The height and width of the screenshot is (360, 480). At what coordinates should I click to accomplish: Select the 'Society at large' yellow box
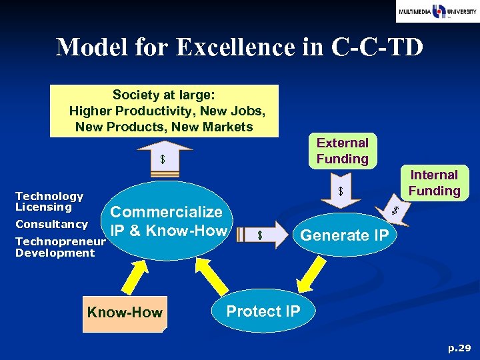point(165,111)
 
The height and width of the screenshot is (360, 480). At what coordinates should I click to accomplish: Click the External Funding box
point(342,151)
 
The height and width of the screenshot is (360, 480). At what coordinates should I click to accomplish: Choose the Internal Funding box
point(434,183)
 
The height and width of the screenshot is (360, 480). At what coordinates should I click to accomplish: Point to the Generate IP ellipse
point(345,235)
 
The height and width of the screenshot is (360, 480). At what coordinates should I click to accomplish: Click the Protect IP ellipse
point(263,311)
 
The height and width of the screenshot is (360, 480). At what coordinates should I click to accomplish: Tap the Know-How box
point(125,313)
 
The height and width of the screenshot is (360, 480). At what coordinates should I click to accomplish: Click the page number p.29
point(459,347)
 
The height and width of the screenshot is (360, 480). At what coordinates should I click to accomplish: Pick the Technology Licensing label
point(49,201)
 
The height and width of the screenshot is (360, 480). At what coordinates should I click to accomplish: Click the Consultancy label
point(51,224)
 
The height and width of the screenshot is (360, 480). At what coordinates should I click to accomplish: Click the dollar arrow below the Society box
point(163,160)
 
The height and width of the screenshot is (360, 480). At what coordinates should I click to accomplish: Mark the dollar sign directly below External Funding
point(341,192)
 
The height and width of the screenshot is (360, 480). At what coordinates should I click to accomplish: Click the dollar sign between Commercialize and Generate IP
point(261,235)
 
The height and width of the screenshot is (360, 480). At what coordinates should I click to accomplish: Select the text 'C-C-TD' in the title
point(382,47)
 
